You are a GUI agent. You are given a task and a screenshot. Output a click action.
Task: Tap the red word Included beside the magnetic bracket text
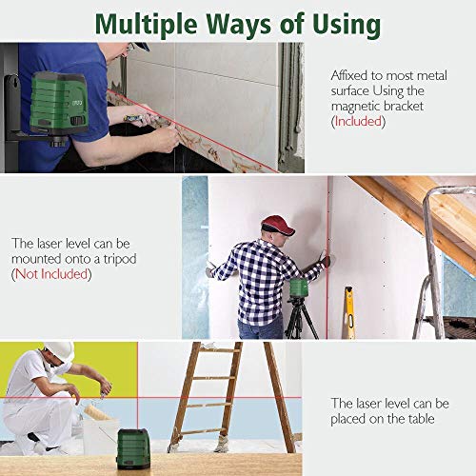(358, 121)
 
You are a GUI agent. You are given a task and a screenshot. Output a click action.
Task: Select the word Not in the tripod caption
(27, 274)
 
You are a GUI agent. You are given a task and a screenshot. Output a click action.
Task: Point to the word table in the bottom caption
(421, 419)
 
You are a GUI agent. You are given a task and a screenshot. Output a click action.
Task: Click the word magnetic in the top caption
(355, 107)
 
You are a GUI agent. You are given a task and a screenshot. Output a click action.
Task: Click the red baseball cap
(277, 225)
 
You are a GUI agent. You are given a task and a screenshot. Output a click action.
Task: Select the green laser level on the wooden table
(133, 449)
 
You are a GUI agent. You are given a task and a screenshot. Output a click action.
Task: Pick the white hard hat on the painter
(60, 351)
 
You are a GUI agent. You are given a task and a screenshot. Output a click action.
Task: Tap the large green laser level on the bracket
(59, 103)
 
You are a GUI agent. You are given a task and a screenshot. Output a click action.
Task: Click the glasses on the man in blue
(129, 48)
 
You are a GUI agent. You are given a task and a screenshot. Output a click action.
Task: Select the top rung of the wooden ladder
(218, 350)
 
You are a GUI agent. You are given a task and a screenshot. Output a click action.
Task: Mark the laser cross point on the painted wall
(138, 397)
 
